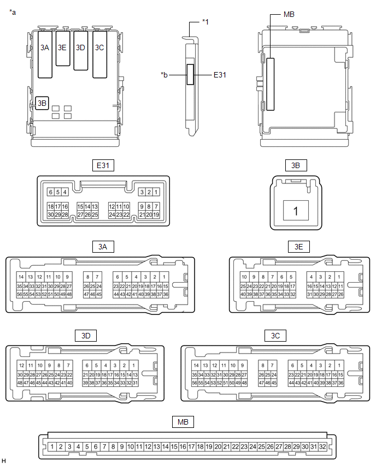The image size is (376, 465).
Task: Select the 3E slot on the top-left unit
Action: [63, 47]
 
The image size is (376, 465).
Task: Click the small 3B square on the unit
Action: [42, 103]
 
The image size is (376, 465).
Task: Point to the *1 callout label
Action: [205, 21]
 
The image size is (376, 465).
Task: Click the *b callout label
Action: [164, 74]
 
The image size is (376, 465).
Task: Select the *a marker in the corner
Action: [13, 11]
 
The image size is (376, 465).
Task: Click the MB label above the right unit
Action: [290, 15]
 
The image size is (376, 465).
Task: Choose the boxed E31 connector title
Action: [103, 165]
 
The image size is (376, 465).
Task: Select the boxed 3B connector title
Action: [296, 165]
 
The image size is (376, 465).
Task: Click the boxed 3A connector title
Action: [103, 247]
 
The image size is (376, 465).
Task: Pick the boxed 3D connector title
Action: [85, 335]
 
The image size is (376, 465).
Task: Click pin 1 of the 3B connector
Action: [296, 211]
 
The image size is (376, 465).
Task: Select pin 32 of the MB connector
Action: [322, 446]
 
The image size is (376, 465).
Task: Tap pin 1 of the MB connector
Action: [51, 446]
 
